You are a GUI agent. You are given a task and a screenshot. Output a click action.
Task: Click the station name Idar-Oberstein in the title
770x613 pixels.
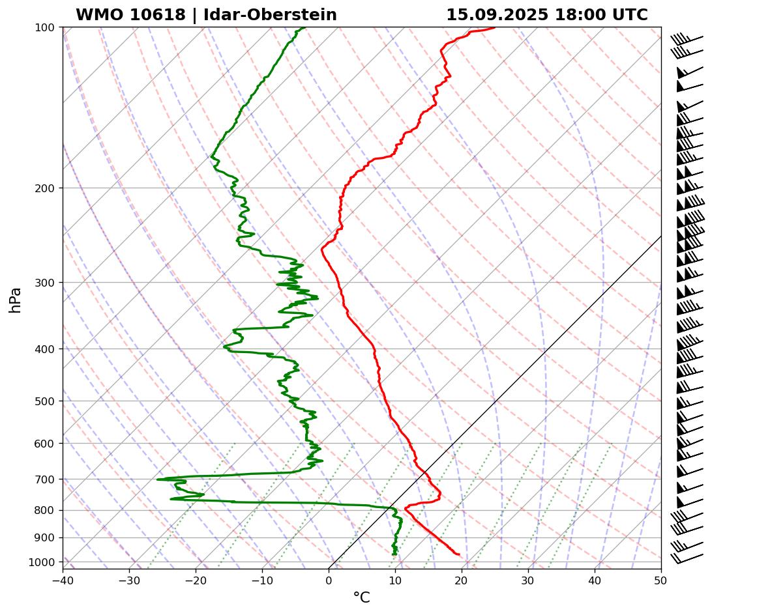(x=270, y=15)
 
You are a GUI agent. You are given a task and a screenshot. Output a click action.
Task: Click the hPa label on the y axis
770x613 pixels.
(x=15, y=300)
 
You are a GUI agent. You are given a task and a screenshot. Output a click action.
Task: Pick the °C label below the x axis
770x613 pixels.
(x=361, y=597)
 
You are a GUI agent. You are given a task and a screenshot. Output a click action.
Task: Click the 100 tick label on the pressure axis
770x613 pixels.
(x=46, y=27)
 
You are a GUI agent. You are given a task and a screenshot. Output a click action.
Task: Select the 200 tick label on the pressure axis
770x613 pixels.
(x=46, y=188)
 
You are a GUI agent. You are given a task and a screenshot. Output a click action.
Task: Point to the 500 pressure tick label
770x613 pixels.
(x=46, y=401)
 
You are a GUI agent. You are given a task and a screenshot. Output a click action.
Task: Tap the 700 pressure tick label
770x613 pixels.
(x=46, y=479)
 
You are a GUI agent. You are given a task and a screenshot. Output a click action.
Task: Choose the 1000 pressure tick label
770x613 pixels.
(x=43, y=562)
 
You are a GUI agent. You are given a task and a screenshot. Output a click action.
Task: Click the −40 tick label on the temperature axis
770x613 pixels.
(x=63, y=578)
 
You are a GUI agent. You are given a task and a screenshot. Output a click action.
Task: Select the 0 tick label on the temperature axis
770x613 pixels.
(x=329, y=578)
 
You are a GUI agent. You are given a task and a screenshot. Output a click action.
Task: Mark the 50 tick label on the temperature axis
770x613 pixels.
(x=661, y=578)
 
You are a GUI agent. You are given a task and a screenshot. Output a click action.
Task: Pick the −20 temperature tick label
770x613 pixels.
(x=196, y=578)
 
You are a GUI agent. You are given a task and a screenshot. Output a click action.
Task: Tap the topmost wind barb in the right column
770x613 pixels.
(x=688, y=40)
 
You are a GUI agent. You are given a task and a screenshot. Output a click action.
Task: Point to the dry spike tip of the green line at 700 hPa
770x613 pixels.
(x=158, y=479)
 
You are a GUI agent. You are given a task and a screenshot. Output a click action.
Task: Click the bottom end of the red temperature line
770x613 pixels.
(x=459, y=554)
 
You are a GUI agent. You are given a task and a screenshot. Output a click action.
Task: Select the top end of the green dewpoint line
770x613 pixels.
(x=304, y=27)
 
